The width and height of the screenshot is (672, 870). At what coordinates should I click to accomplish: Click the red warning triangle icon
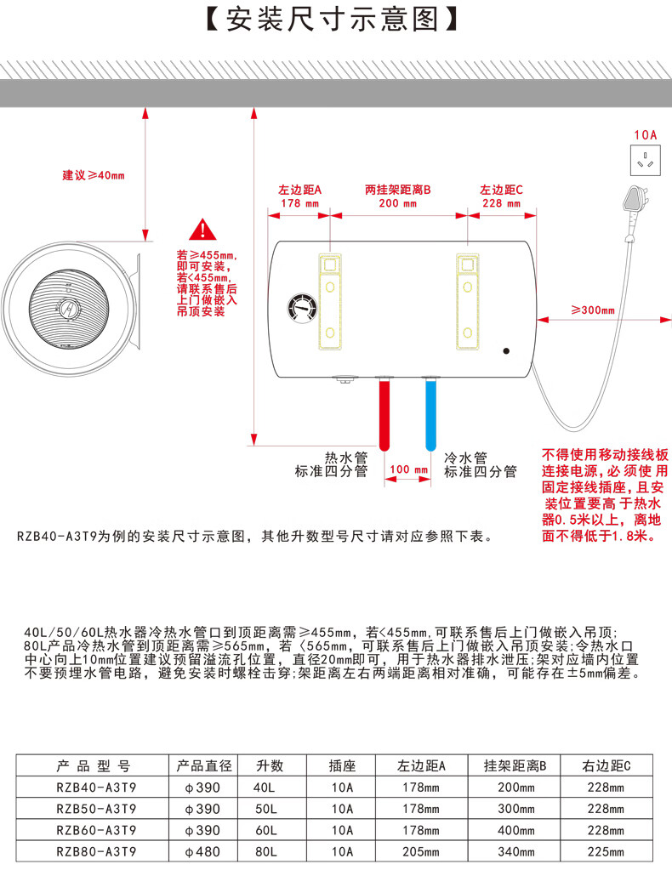pyautogui.click(x=203, y=230)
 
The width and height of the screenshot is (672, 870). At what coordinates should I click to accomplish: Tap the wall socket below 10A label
pyautogui.click(x=646, y=160)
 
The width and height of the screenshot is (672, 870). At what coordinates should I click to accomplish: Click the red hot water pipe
pyautogui.click(x=384, y=413)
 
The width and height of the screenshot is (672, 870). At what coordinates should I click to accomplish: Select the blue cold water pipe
pyautogui.click(x=430, y=413)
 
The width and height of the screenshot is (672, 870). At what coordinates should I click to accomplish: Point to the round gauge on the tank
pyautogui.click(x=303, y=308)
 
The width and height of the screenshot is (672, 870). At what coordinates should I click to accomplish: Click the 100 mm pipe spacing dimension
pyautogui.click(x=408, y=469)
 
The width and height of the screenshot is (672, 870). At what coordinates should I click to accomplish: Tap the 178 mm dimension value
pyautogui.click(x=299, y=203)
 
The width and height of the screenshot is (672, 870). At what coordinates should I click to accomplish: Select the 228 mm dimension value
pyautogui.click(x=501, y=203)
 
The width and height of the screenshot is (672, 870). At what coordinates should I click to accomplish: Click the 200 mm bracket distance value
pyautogui.click(x=397, y=203)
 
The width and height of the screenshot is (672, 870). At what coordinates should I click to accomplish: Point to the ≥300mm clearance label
pyautogui.click(x=593, y=310)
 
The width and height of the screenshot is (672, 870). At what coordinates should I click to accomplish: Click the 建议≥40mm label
pyautogui.click(x=94, y=175)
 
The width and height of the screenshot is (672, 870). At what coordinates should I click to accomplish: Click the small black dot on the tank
pyautogui.click(x=506, y=350)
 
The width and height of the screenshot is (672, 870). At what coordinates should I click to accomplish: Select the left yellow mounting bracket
pyautogui.click(x=329, y=301)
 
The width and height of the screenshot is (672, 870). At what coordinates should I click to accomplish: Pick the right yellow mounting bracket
pyautogui.click(x=467, y=301)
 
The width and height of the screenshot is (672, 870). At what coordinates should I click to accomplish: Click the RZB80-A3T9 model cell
pyautogui.click(x=96, y=851)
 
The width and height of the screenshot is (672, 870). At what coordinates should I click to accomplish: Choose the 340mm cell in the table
pyautogui.click(x=516, y=851)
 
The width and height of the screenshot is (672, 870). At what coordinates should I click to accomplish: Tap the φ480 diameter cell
pyautogui.click(x=202, y=851)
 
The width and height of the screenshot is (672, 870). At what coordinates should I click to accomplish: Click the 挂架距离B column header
pyautogui.click(x=515, y=765)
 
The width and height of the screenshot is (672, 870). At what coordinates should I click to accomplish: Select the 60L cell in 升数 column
pyautogui.click(x=266, y=830)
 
